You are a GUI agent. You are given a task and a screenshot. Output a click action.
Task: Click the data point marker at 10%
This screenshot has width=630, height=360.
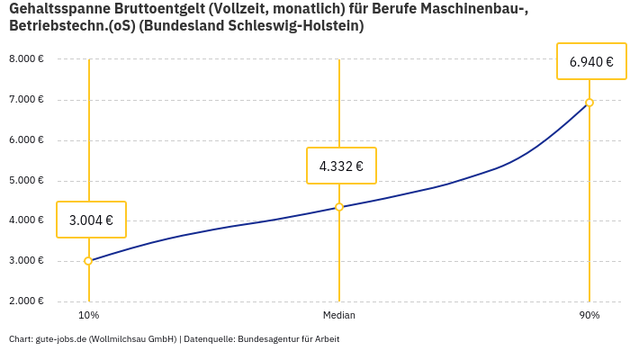click(88, 261)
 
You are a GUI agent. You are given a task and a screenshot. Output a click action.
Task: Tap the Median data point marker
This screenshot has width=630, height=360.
click(339, 207)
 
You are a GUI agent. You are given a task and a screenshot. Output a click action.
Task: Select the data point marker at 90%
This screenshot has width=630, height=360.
click(589, 103)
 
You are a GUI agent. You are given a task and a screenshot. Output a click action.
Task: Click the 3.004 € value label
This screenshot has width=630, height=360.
click(91, 220)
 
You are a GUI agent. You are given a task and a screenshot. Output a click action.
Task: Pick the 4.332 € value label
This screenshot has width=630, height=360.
click(341, 166)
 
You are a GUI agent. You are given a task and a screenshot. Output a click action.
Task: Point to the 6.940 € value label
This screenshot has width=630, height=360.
click(591, 62)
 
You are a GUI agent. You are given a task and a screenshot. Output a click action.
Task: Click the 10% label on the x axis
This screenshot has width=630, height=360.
click(88, 316)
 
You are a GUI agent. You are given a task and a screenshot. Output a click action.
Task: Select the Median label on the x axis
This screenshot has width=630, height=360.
click(339, 316)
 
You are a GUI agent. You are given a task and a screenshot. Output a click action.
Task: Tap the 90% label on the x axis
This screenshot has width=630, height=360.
click(589, 316)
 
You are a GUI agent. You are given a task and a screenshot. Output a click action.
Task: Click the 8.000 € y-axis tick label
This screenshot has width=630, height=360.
click(26, 59)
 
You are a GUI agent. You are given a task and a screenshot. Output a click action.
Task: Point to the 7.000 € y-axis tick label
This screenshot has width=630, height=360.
click(26, 100)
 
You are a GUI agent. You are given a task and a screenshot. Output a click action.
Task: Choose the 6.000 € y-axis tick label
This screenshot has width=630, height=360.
click(26, 140)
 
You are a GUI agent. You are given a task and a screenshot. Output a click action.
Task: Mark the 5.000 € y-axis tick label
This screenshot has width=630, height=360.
click(26, 181)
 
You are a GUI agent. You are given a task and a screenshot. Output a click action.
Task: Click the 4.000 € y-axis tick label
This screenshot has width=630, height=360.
click(26, 220)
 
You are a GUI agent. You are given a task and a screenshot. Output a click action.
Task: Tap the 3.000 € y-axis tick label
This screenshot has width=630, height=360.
click(26, 261)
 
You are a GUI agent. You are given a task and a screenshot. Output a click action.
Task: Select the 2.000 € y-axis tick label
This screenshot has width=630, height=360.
click(26, 301)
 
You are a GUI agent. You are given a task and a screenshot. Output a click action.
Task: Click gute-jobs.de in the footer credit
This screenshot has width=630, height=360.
click(60, 339)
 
